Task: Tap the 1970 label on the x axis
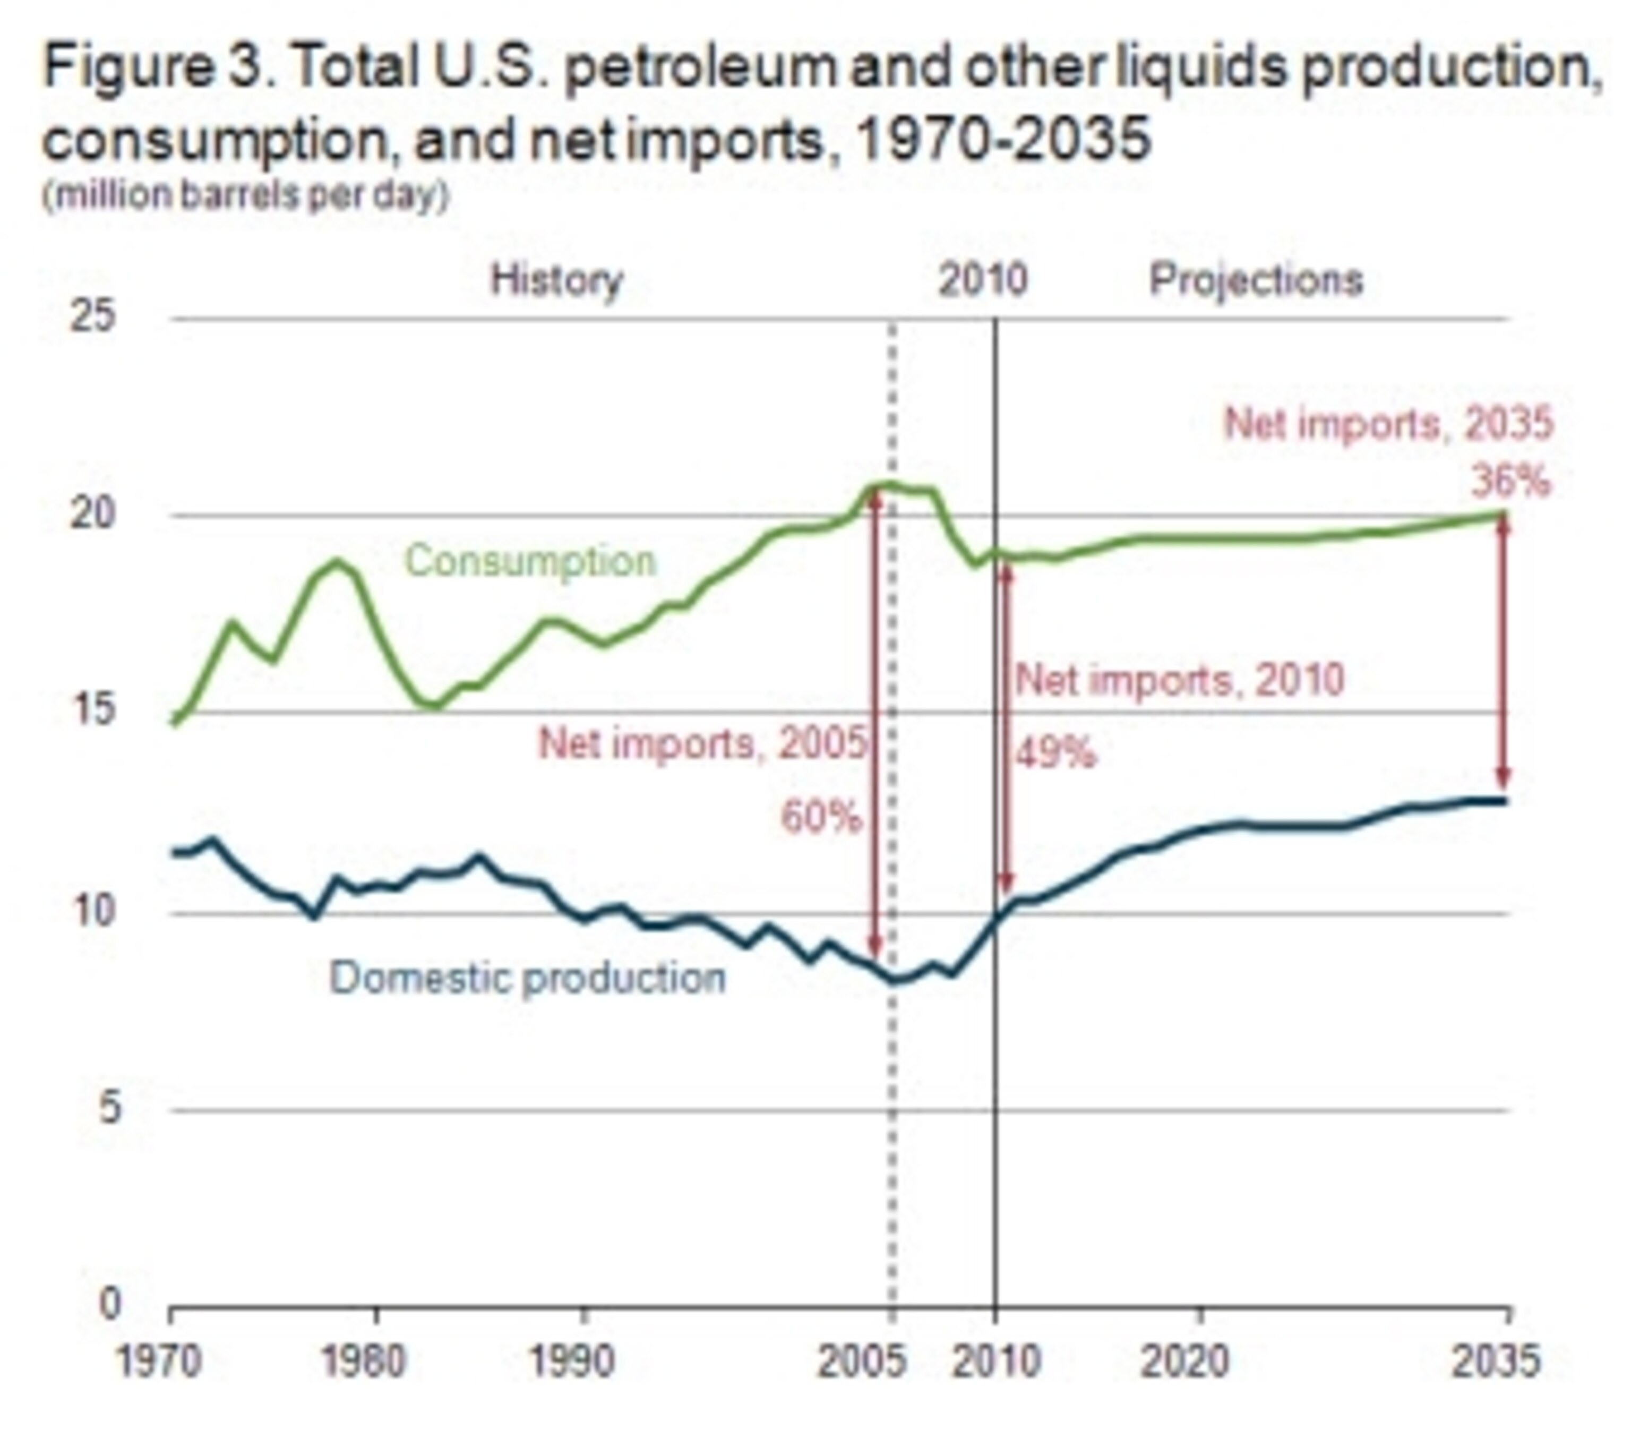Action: [x=159, y=1362]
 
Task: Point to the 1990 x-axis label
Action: [x=572, y=1362]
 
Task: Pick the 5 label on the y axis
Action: [x=110, y=1108]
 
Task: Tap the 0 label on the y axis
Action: [x=110, y=1305]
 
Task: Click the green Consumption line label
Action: [x=530, y=561]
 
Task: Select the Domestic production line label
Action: [x=527, y=978]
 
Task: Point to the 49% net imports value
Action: [x=1055, y=752]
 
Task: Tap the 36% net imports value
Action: [x=1510, y=481]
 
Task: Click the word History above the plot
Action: [x=556, y=280]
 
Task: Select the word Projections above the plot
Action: [x=1255, y=280]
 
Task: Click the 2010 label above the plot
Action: [x=982, y=280]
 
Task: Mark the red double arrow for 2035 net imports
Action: [x=1504, y=650]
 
